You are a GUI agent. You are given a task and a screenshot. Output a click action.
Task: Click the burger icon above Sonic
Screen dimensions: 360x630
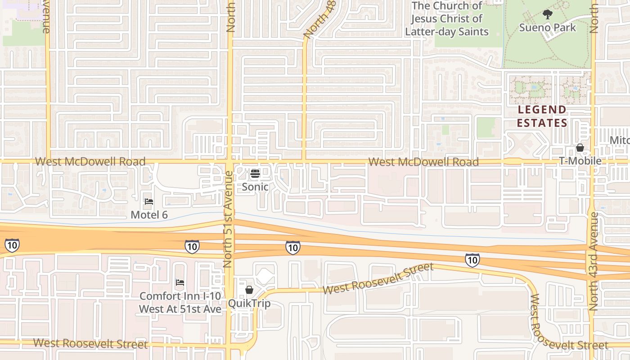tap(255, 174)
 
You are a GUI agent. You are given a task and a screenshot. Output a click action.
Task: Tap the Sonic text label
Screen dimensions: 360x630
tap(255, 187)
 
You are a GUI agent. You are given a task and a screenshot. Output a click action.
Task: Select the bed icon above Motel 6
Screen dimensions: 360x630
tap(149, 202)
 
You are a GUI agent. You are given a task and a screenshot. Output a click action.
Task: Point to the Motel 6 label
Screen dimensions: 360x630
tap(149, 215)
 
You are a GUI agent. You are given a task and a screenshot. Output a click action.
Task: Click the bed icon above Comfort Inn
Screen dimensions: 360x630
tap(180, 283)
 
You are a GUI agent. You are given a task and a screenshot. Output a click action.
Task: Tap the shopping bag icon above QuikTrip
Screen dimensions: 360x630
tap(249, 290)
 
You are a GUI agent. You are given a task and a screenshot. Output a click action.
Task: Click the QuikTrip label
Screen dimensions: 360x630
tap(249, 303)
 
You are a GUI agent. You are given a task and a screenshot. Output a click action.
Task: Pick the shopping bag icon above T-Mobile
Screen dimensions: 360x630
tap(580, 148)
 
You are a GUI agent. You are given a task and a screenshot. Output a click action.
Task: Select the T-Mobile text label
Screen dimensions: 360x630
tap(580, 161)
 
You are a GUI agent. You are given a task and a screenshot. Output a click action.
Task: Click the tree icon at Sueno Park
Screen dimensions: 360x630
tap(547, 14)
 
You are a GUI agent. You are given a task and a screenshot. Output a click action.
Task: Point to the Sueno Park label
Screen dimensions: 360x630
tap(547, 27)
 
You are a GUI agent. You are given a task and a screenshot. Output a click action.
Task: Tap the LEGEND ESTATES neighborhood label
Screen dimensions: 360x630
tap(542, 116)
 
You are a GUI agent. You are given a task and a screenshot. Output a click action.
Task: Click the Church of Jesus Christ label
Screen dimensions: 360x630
tap(446, 19)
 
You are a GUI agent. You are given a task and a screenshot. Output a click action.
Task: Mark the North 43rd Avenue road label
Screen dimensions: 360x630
tap(594, 261)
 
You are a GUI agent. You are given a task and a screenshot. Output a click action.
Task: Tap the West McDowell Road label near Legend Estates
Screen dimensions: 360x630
tap(423, 162)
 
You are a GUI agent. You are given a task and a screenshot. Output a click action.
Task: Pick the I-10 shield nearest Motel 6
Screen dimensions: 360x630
tap(192, 246)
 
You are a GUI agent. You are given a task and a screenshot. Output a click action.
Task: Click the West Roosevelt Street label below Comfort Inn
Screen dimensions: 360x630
tap(90, 344)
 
